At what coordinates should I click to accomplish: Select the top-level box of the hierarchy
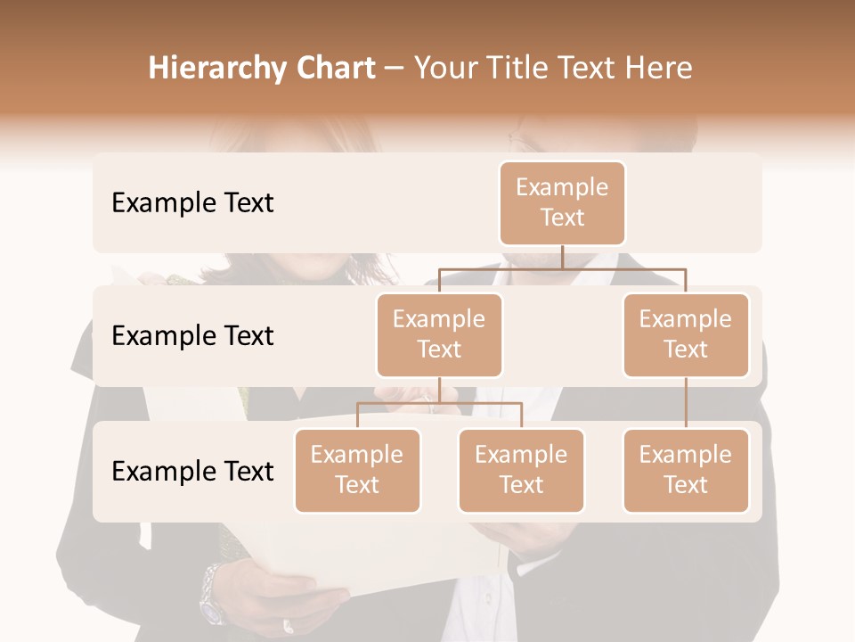click(562, 202)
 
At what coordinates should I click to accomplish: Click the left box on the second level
click(439, 334)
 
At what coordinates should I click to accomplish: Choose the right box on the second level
click(686, 334)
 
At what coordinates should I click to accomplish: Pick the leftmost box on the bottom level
click(357, 470)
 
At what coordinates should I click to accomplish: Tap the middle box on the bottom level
click(521, 470)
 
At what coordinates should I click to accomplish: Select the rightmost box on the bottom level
click(686, 470)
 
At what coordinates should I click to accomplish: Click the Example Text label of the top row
click(192, 203)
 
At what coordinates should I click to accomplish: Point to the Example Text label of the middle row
click(192, 336)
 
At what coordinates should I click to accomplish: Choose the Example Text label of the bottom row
click(192, 472)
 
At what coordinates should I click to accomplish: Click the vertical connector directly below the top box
click(562, 257)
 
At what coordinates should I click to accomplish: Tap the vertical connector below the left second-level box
click(439, 391)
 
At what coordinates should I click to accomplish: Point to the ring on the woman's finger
click(288, 625)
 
